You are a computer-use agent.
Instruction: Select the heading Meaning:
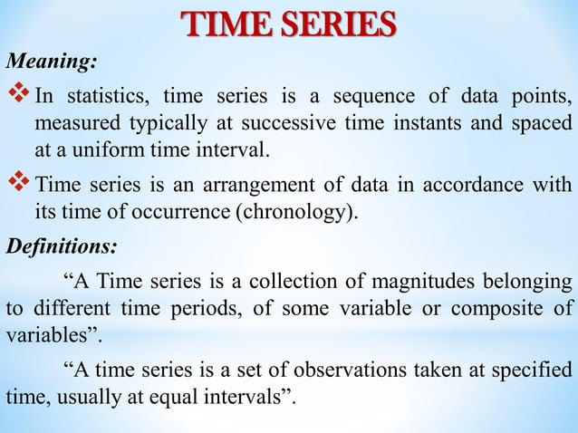[x=53, y=63]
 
